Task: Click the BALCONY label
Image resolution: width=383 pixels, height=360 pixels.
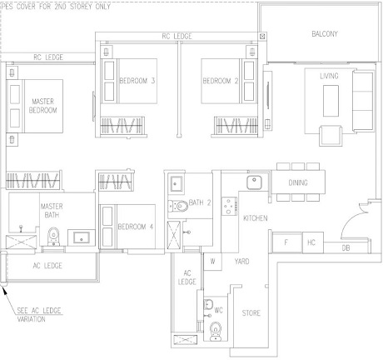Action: point(325,34)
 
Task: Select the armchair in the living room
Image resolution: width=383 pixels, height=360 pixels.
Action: point(331,135)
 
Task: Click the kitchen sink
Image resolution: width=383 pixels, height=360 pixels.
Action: point(254,182)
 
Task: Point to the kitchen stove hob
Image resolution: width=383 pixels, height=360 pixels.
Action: point(229,206)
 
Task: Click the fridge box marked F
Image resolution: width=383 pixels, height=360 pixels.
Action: point(287,242)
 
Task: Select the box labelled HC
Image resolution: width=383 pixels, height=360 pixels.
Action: point(313,242)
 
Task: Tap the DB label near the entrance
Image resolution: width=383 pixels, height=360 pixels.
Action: point(346,247)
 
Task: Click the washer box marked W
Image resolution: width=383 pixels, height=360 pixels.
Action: point(212,262)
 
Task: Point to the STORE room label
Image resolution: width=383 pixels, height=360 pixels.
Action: point(251,313)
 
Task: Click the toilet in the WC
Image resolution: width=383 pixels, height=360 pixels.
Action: point(216,331)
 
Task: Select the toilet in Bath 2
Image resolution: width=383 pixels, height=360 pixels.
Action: point(178,206)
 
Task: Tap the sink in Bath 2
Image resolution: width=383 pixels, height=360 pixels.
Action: point(176,183)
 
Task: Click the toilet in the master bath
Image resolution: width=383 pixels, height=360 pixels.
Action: point(53,237)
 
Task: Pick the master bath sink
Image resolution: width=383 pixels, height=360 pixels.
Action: point(82,237)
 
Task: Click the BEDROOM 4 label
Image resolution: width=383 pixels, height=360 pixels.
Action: point(136,227)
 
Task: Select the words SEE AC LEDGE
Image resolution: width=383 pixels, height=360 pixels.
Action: point(39,310)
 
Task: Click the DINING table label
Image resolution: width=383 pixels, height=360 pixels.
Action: point(298,182)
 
